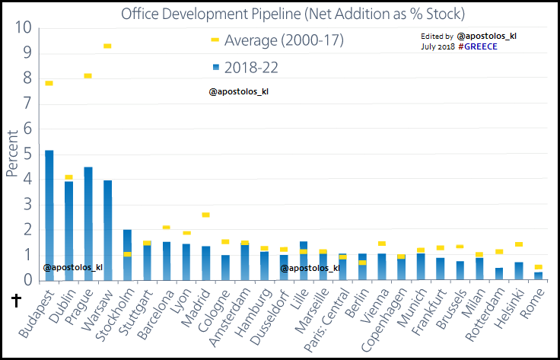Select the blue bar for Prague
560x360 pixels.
coord(88,224)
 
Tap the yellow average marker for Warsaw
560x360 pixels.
coord(107,46)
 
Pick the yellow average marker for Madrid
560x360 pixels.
coord(205,215)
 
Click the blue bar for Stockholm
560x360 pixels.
coord(127,255)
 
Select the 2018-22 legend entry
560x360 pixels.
coord(254,67)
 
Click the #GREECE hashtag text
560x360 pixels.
coord(476,46)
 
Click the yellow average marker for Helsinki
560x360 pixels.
coord(519,244)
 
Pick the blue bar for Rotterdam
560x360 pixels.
coord(499,274)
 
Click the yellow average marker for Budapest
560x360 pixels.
coord(49,83)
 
